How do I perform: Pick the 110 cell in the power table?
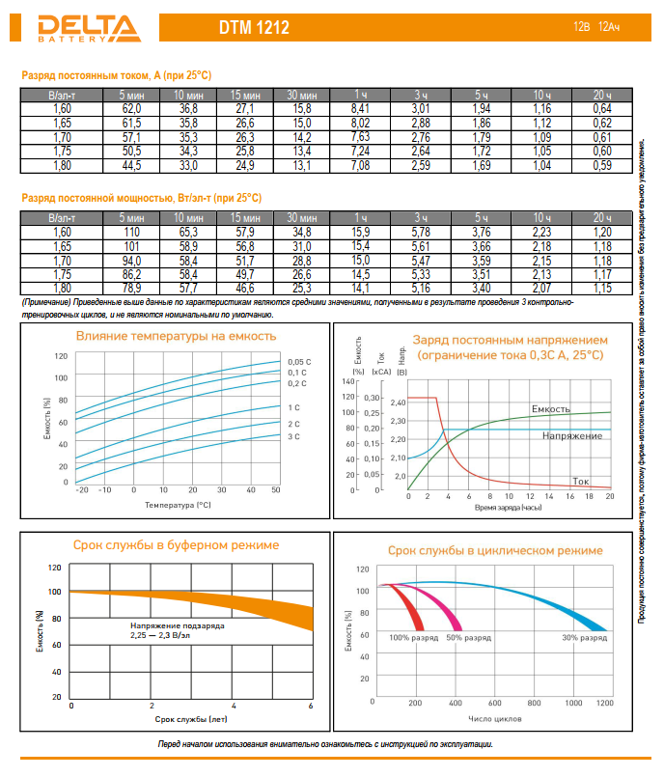coord(131,233)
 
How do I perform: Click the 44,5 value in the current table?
coord(131,166)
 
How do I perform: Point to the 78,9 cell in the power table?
coord(131,288)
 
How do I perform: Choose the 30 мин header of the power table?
coord(302,219)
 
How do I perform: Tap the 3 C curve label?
coord(293,437)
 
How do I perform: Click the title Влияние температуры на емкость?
coord(176,337)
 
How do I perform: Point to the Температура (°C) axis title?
coord(178,504)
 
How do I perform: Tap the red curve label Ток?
coord(580,480)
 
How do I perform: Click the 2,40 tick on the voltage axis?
coord(399,402)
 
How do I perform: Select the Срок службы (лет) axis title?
coord(191,719)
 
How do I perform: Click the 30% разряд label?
coord(584,638)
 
